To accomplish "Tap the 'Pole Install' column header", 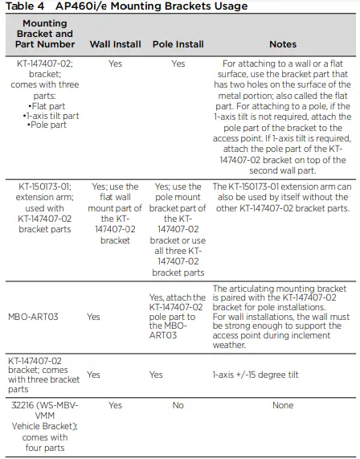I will point(178,44).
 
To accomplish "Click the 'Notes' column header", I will point(283,44).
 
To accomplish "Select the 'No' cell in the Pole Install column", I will point(178,405).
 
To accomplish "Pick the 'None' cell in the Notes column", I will point(283,405).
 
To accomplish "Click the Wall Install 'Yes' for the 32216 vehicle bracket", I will point(115,405).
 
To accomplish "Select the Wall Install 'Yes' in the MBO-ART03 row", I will point(94,317).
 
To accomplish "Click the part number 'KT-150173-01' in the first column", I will point(45,186).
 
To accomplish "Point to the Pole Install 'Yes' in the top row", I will point(178,64).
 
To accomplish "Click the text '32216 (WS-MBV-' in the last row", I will point(45,405).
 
